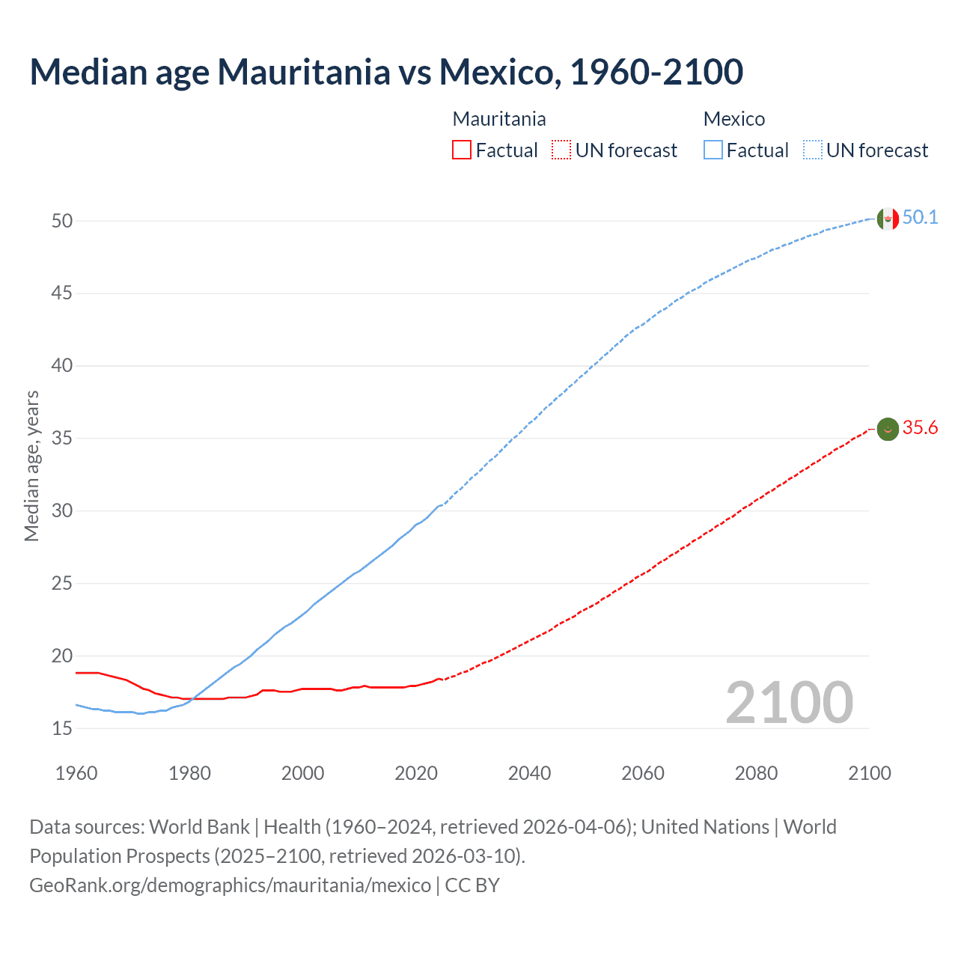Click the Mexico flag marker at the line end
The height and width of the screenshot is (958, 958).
coord(888,219)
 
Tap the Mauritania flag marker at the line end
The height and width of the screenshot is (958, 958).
coord(888,429)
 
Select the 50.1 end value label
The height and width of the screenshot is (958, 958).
coord(920,218)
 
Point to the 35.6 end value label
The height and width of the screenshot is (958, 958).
coord(920,428)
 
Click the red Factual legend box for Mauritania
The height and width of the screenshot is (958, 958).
coord(462,150)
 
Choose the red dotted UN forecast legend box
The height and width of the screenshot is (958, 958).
coord(561,150)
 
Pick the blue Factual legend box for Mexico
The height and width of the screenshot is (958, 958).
coord(713,150)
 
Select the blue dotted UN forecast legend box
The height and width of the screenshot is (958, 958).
coord(812,150)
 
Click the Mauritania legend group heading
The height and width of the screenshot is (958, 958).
coord(499,119)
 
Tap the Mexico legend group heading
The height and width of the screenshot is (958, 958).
coord(733,119)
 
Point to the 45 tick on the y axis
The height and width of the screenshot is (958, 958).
coord(62,293)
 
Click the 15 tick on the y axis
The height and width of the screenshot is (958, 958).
coord(62,728)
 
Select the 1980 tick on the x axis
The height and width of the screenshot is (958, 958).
coord(189,773)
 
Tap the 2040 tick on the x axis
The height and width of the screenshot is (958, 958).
coord(529,773)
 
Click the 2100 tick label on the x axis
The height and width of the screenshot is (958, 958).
coord(869,773)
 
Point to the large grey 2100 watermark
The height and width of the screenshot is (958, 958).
coord(789,703)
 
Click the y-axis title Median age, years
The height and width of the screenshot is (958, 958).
coord(31,466)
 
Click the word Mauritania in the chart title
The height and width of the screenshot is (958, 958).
coord(304,72)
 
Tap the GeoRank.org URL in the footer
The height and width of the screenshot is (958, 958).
coord(230,885)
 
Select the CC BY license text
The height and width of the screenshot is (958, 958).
coord(472,885)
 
